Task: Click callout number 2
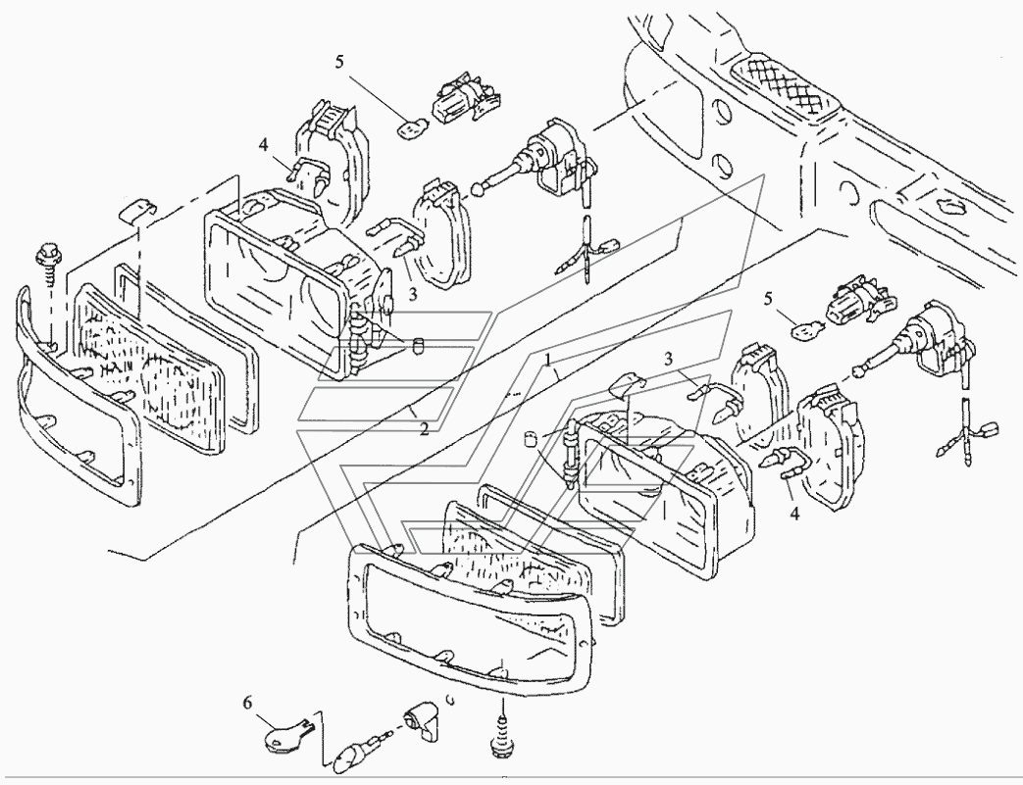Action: (x=423, y=428)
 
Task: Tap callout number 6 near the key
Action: (x=246, y=703)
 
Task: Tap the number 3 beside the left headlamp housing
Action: (x=413, y=293)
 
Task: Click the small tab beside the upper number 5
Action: (x=412, y=124)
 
